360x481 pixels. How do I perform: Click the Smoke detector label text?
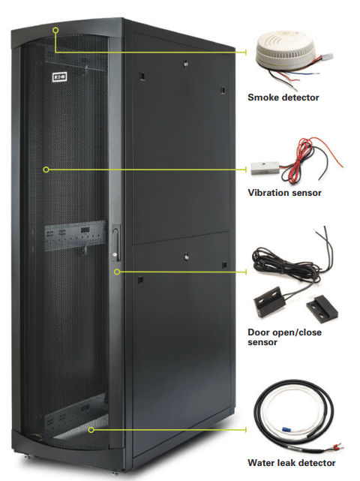[x=283, y=98]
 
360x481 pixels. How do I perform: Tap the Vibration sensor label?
[x=284, y=193]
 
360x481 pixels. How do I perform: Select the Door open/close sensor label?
[x=284, y=337]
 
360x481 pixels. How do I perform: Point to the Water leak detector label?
[x=292, y=462]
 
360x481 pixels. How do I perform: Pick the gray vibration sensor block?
[x=265, y=167]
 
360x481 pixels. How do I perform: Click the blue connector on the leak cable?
[x=286, y=429]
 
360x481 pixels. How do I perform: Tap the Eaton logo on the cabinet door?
[x=60, y=77]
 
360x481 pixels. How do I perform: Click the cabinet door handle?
[x=115, y=243]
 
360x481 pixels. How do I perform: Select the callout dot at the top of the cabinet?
[x=55, y=30]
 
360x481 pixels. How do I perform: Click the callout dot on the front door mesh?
[x=46, y=170]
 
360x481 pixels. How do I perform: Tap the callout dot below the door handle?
[x=117, y=272]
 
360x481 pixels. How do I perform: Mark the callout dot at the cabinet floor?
[x=91, y=430]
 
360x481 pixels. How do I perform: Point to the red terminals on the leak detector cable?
[x=337, y=449]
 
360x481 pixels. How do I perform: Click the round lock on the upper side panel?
[x=185, y=64]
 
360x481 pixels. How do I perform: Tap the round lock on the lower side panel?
[x=186, y=256]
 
